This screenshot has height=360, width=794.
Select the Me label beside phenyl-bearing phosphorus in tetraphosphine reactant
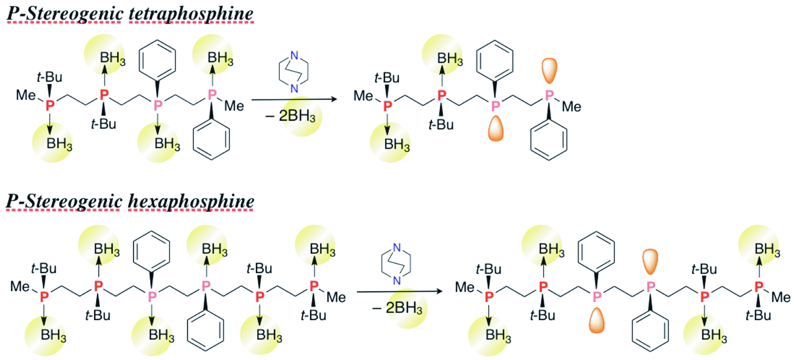pos(235,107)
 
